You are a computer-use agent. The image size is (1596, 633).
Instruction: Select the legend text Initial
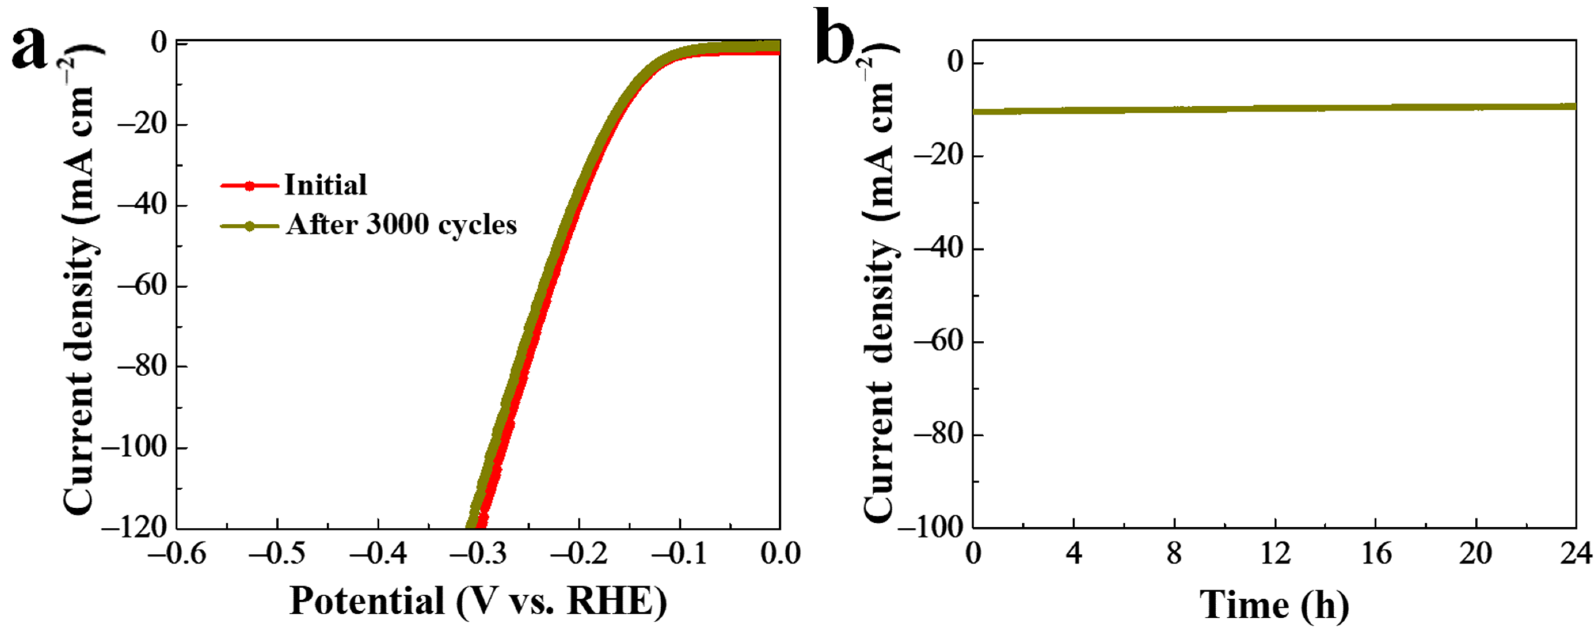coord(326,184)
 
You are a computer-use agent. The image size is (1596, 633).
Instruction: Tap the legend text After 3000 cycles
coord(401,225)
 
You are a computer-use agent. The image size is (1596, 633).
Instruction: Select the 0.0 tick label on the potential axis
coord(780,553)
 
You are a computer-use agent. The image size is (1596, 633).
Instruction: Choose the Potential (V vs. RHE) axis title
coord(477,601)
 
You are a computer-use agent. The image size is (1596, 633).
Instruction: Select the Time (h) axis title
coord(1275,605)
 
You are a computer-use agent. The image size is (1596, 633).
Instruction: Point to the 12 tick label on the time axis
coord(1275,553)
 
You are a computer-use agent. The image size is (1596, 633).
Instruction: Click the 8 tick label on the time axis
coord(1174,553)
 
